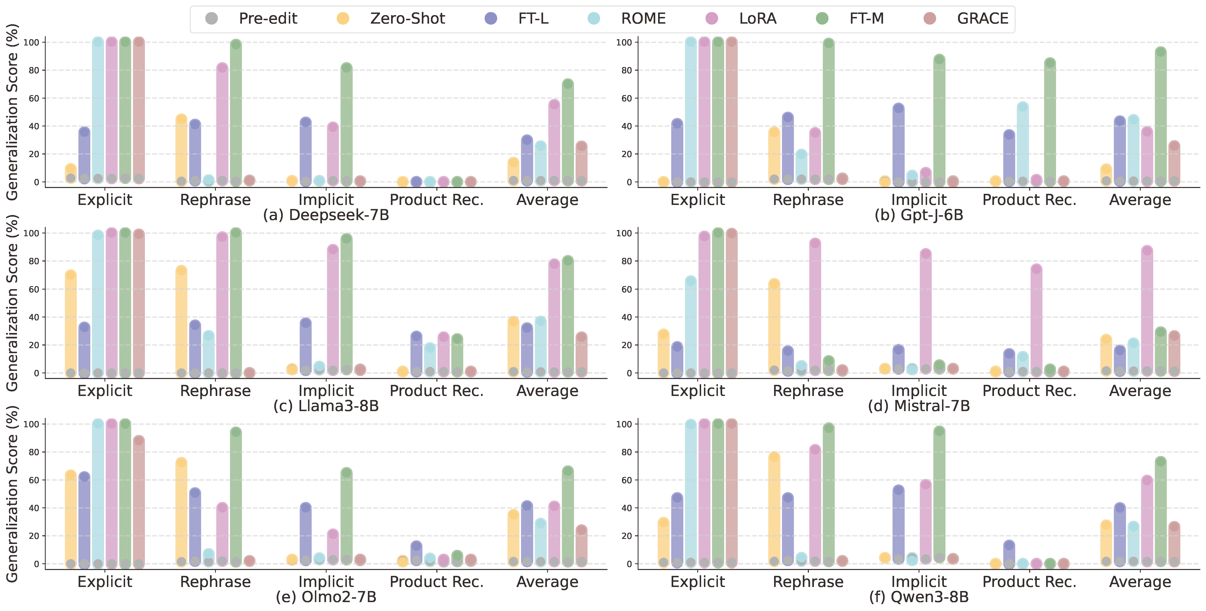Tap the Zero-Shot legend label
pos(407,19)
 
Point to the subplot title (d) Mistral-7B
pos(919,406)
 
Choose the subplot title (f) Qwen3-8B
pos(919,597)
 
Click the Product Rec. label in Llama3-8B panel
pos(436,391)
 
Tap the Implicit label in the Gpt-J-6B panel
pos(919,200)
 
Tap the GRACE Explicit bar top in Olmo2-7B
pos(139,441)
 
